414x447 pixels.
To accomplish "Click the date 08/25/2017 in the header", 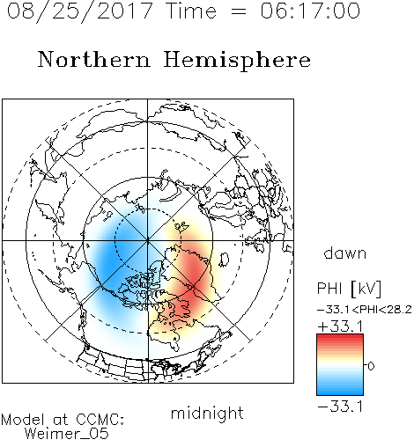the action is pyautogui.click(x=80, y=11).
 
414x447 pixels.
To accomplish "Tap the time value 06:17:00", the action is pyautogui.click(x=310, y=11).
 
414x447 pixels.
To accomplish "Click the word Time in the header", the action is pyautogui.click(x=191, y=11).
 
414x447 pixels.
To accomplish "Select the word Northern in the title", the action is pyautogui.click(x=94, y=60).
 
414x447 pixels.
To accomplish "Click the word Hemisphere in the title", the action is pyautogui.click(x=237, y=61).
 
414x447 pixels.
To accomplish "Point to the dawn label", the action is pyautogui.click(x=345, y=253).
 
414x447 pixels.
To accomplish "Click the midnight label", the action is pyautogui.click(x=207, y=413).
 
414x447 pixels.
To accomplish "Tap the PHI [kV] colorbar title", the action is pyautogui.click(x=349, y=289).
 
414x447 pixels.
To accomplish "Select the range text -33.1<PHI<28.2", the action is pyautogui.click(x=365, y=310).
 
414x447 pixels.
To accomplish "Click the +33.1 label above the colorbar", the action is pyautogui.click(x=341, y=326).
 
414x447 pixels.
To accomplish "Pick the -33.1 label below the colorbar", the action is pyautogui.click(x=340, y=407).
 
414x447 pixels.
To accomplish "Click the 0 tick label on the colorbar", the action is pyautogui.click(x=371, y=366).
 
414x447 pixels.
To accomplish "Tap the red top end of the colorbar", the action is pyautogui.click(x=340, y=337).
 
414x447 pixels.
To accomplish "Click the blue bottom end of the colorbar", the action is pyautogui.click(x=340, y=392).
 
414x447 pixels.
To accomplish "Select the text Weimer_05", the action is pyautogui.click(x=67, y=434).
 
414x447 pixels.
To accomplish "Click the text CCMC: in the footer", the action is pyautogui.click(x=100, y=420).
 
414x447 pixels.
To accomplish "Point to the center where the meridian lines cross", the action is pyautogui.click(x=148, y=240).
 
